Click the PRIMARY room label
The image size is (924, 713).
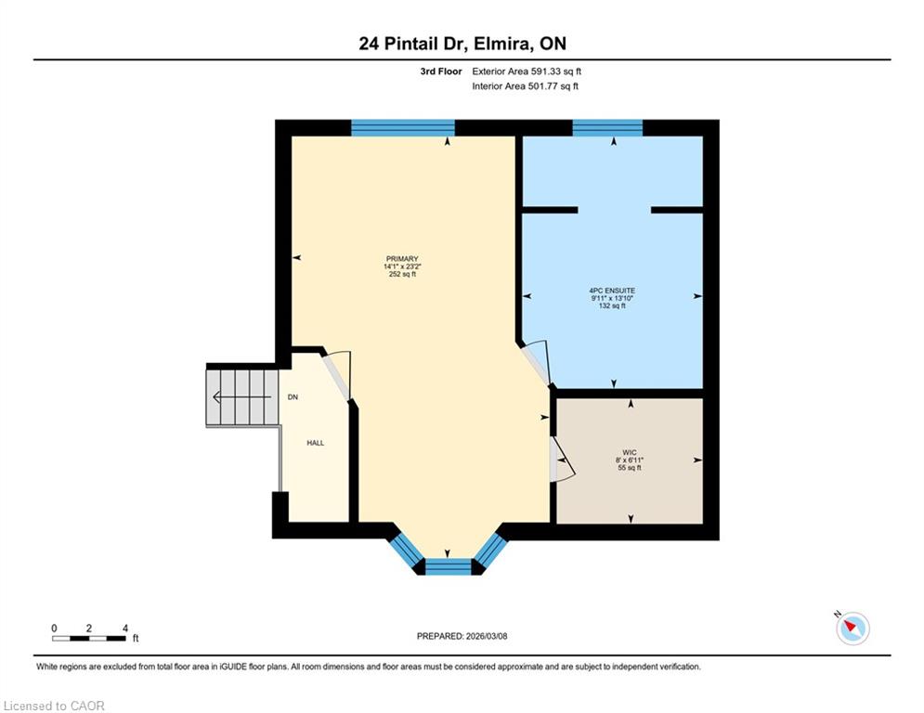point(402,259)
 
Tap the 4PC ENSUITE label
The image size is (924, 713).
point(612,291)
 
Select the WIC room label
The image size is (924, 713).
point(630,452)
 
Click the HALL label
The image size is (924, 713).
point(315,443)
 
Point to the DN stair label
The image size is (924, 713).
point(293,397)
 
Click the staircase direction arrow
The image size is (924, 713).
point(242,397)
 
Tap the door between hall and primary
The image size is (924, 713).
point(337,375)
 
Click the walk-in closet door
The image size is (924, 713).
point(561,460)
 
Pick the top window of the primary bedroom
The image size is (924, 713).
point(403,128)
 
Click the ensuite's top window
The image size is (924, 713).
point(607,128)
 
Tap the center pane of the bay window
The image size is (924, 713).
point(449,566)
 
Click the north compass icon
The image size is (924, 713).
point(852,629)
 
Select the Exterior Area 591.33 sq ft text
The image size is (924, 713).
point(527,71)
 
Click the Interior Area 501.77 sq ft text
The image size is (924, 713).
point(525,86)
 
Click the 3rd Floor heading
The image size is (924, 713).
point(441,71)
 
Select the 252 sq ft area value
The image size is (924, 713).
point(402,274)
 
